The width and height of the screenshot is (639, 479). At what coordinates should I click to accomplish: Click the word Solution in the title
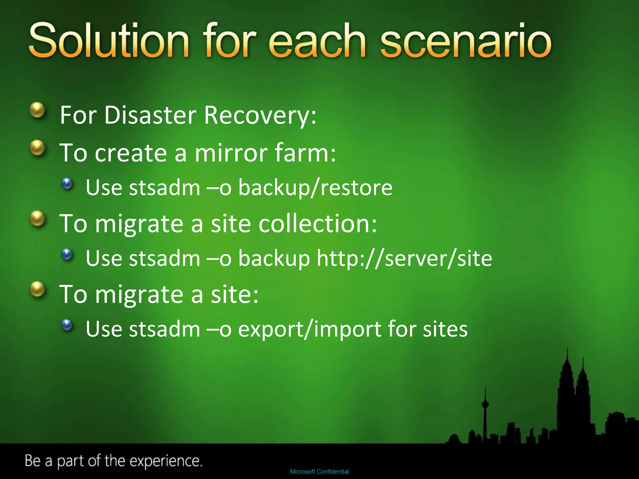point(109,41)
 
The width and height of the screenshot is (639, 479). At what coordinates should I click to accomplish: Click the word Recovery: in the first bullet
point(260,115)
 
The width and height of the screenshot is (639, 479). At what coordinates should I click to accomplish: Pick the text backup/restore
point(315,188)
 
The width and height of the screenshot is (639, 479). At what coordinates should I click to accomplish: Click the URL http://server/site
point(404,259)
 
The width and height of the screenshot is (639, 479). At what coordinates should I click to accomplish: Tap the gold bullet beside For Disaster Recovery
point(38,110)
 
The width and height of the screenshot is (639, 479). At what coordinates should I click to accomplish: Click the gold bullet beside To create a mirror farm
point(38,148)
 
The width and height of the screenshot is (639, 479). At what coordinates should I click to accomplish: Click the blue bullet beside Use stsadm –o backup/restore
point(67,184)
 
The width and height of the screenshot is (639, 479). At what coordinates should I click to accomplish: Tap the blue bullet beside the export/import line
point(67,325)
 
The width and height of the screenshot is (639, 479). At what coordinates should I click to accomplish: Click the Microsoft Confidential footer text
point(319,472)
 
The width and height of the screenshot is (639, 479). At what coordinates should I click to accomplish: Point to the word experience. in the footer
point(166,461)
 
